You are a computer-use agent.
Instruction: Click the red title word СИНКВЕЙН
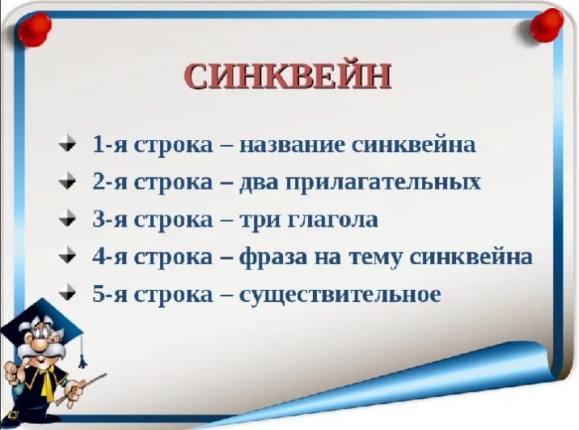[287, 76]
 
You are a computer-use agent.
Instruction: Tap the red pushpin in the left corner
[34, 30]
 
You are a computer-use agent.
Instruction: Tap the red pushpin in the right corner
[547, 25]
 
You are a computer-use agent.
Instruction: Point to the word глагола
[332, 220]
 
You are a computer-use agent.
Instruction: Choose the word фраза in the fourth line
[273, 258]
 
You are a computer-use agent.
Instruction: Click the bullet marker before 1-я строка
[67, 143]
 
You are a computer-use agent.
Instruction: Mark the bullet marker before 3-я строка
[67, 218]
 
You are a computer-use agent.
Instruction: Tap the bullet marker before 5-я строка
[67, 293]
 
